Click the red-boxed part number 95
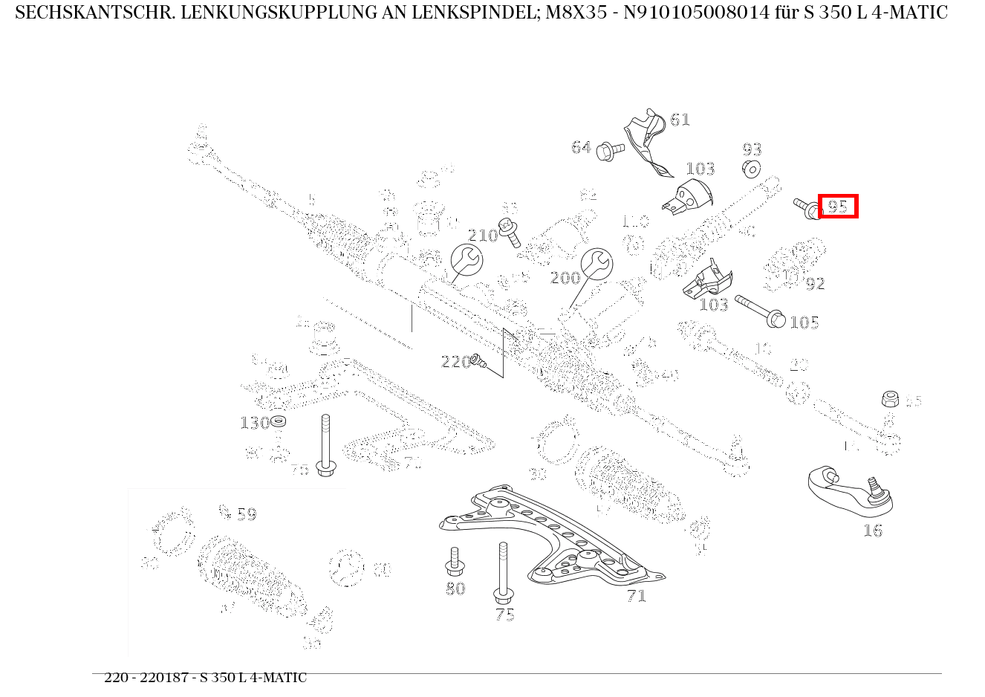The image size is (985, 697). tap(838, 207)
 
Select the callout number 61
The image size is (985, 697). tap(680, 120)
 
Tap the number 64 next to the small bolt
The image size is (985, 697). tap(581, 148)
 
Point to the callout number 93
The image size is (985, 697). tap(752, 150)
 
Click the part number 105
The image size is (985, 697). tap(804, 322)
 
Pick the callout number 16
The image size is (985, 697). tap(872, 531)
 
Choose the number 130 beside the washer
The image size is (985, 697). tap(254, 423)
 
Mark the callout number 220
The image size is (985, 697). tap(455, 362)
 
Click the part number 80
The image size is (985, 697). tap(455, 589)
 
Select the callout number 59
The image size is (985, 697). tap(246, 514)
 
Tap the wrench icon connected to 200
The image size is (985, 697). tap(596, 264)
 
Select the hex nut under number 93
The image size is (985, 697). tap(751, 169)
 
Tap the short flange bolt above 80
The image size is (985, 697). tap(455, 562)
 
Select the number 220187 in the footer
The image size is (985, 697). tap(161, 678)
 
